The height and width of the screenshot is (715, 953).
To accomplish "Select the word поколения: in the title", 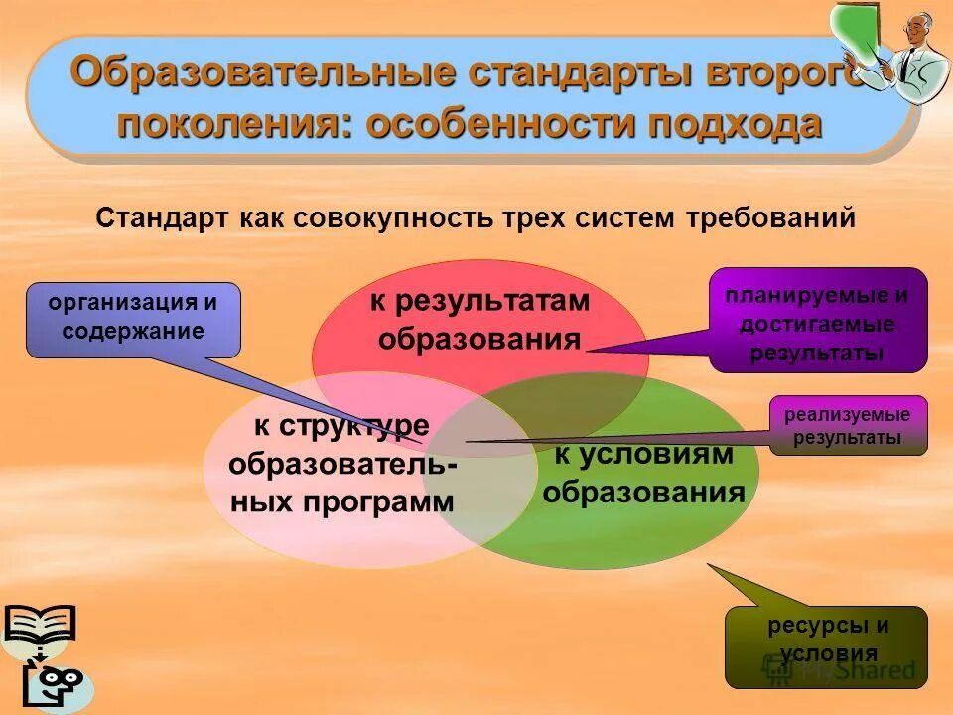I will click(x=234, y=125).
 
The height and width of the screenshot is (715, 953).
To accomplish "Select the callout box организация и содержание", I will click(x=133, y=319).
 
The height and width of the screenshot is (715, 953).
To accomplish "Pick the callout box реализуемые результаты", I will click(x=848, y=425).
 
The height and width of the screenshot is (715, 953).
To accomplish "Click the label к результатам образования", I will click(x=479, y=321).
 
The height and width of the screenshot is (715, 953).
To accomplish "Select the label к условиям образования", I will click(x=644, y=474).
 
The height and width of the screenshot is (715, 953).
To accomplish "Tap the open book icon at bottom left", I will click(x=39, y=626).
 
